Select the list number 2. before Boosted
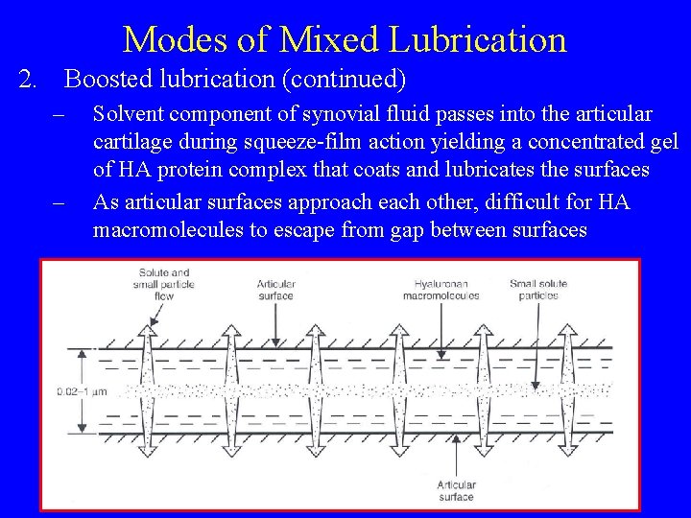(x=29, y=78)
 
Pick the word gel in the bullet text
(x=663, y=143)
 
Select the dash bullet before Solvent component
(x=58, y=116)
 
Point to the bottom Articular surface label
(x=456, y=491)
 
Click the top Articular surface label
(x=275, y=290)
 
